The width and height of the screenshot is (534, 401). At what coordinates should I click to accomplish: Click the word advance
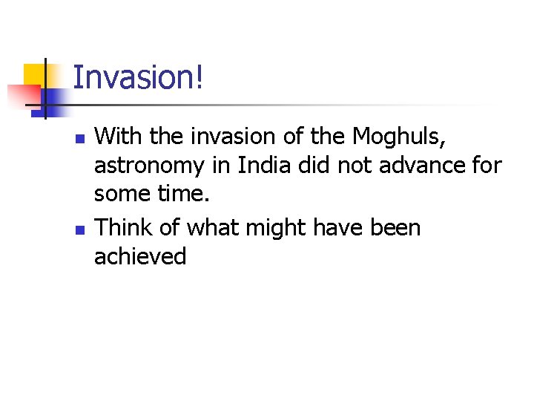tap(417, 166)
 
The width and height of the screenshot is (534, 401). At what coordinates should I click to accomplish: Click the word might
tap(281, 229)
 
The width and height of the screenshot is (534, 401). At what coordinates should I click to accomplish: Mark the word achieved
tap(140, 257)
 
